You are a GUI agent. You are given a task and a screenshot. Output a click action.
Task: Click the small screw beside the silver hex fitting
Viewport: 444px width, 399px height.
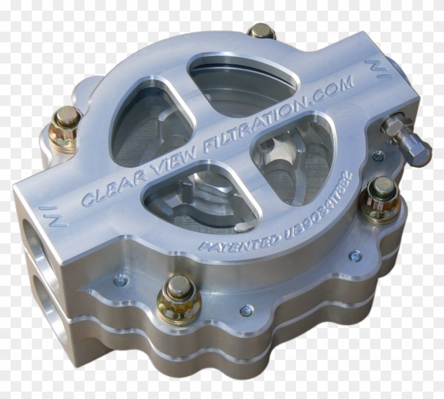coord(378,156)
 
